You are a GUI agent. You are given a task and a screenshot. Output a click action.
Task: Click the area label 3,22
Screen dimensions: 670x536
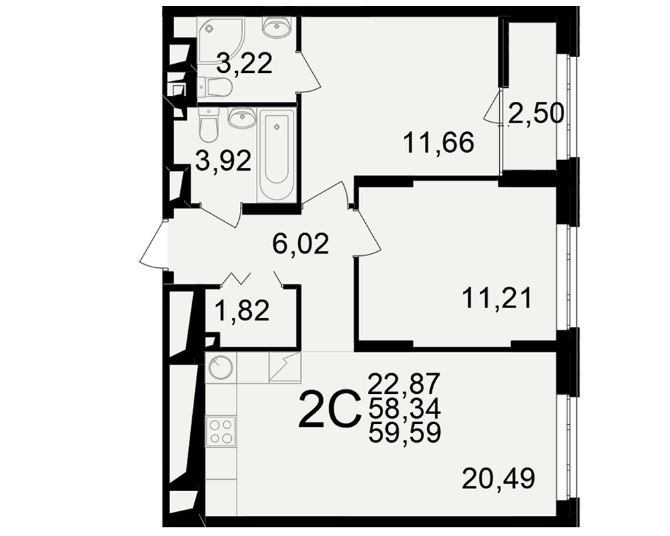click(245, 64)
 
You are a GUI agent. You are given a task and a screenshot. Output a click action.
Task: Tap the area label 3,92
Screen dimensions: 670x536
click(224, 161)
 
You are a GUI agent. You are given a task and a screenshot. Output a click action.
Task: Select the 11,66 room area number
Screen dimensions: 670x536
click(438, 142)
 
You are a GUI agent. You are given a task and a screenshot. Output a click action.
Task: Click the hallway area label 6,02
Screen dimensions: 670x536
click(301, 244)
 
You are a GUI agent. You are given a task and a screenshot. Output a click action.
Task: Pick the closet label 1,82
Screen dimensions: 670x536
click(242, 310)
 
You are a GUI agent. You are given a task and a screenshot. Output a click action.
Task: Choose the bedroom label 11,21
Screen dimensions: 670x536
click(497, 298)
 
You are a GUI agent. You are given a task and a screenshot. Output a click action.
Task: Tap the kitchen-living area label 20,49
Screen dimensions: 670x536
click(498, 478)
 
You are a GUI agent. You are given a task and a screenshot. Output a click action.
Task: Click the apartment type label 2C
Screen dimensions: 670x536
click(328, 409)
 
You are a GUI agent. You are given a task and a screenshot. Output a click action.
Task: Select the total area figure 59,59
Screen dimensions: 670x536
click(404, 434)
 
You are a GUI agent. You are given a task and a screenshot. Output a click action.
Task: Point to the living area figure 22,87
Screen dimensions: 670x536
click(404, 383)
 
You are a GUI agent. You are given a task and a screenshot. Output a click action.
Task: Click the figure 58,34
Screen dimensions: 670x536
click(404, 409)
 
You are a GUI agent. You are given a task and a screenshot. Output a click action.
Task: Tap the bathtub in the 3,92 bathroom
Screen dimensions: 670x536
click(277, 154)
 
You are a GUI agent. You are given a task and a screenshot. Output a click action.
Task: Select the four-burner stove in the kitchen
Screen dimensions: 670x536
click(221, 431)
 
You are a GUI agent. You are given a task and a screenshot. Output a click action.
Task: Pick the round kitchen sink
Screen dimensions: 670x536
click(220, 368)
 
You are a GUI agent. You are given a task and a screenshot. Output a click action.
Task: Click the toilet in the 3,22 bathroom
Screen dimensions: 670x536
click(215, 87)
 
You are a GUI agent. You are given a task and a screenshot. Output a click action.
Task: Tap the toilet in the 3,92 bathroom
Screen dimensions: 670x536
click(209, 125)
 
